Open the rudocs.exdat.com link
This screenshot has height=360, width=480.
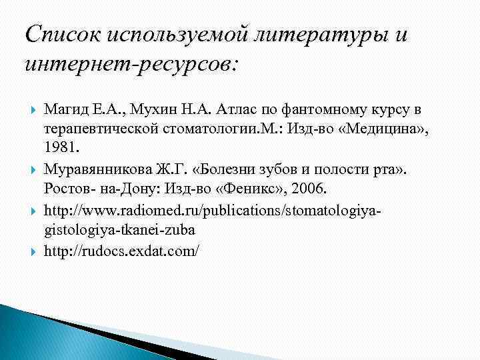(x=121, y=253)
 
